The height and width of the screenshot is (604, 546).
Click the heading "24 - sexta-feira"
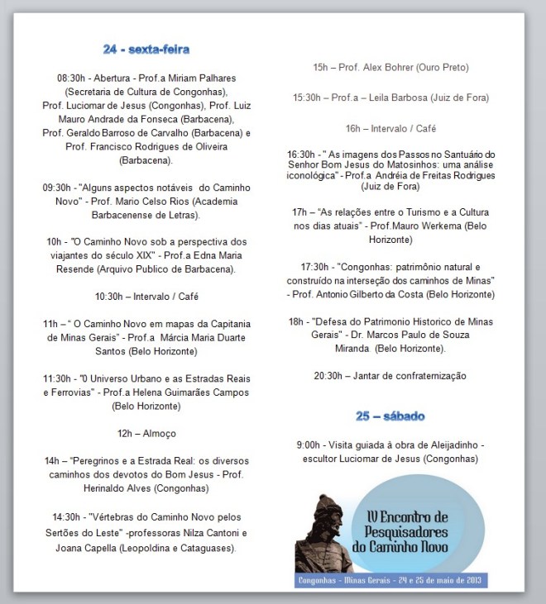point(146,49)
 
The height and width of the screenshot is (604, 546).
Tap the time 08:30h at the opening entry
point(74,78)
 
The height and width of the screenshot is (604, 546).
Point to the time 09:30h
point(60,188)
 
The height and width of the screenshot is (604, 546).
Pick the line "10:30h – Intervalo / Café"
point(146,296)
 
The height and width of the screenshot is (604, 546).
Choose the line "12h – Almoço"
point(146,433)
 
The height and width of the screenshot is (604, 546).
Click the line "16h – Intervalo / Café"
point(390,128)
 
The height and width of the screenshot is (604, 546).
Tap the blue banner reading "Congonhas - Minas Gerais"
point(391,581)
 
